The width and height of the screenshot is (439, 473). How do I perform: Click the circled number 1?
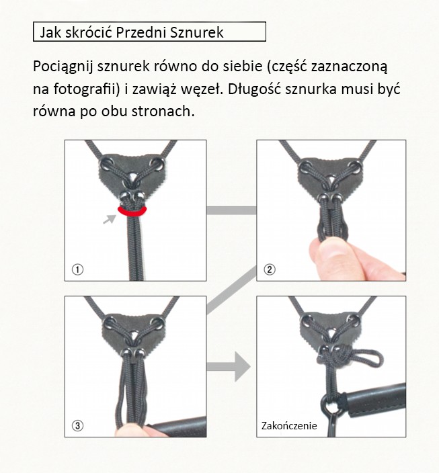pyautogui.click(x=77, y=269)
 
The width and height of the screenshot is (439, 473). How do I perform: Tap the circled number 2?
pyautogui.click(x=270, y=269)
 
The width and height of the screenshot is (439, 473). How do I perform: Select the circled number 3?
pyautogui.click(x=77, y=425)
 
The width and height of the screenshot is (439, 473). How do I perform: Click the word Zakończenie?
pyautogui.click(x=289, y=426)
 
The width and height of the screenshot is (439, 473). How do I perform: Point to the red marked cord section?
pyautogui.click(x=132, y=213)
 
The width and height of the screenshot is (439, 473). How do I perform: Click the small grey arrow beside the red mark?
pyautogui.click(x=110, y=219)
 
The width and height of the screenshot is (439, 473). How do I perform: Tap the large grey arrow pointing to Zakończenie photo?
pyautogui.click(x=229, y=367)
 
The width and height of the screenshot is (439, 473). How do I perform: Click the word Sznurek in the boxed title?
pyautogui.click(x=196, y=32)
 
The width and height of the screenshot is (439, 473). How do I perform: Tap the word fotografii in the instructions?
pyautogui.click(x=87, y=89)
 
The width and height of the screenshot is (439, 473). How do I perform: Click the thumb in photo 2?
pyautogui.click(x=327, y=257)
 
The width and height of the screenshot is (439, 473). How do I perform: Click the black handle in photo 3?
pyautogui.click(x=178, y=427)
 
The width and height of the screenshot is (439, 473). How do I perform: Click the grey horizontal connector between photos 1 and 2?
pyautogui.click(x=231, y=210)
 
